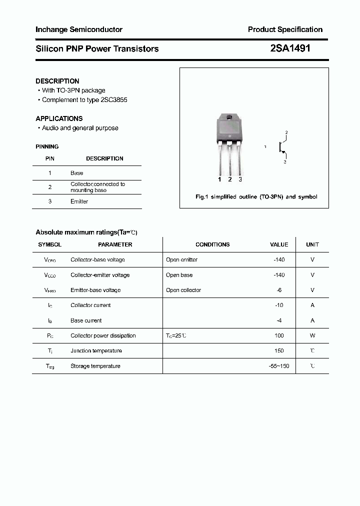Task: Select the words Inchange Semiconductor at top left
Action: [x=79, y=29]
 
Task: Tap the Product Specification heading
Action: [x=285, y=29]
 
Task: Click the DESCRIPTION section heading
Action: [x=57, y=81]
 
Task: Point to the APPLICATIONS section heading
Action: [x=59, y=118]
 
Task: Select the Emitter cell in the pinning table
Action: [x=79, y=201]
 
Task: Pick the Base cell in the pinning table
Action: [x=76, y=173]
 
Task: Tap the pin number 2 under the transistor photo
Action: [x=229, y=179]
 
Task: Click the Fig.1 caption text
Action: [x=256, y=197]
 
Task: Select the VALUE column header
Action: [x=279, y=244]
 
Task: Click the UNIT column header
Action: [x=312, y=244]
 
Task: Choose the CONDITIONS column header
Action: [x=212, y=244]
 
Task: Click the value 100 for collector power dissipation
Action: [x=279, y=335]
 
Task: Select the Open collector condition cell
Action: [x=183, y=290]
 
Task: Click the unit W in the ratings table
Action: [x=312, y=335]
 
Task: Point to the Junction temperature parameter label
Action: [x=96, y=351]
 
